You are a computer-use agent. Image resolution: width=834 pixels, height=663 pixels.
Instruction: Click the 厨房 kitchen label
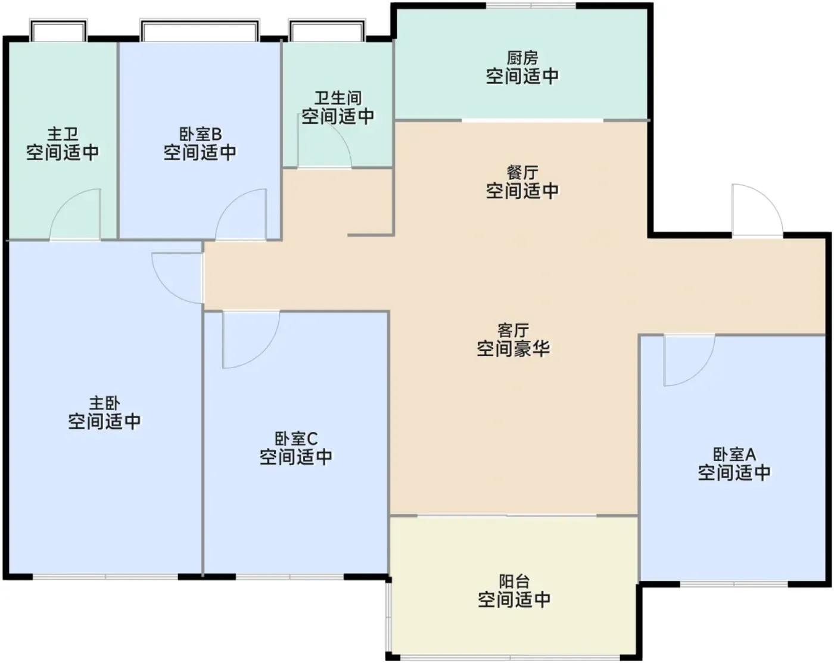click(x=522, y=58)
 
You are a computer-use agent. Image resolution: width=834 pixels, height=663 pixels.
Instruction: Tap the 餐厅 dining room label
click(x=522, y=173)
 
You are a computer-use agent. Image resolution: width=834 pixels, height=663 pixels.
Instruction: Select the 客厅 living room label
click(x=513, y=331)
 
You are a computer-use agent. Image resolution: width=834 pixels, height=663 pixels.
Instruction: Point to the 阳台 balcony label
click(x=514, y=581)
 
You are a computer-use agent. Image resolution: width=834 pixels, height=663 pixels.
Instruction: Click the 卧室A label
click(x=735, y=455)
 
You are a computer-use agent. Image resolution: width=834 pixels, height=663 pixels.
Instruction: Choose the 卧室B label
click(x=200, y=135)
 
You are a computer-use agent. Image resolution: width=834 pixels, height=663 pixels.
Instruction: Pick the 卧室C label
click(x=295, y=439)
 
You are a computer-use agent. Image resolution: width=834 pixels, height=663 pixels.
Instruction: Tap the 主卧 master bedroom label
click(x=104, y=403)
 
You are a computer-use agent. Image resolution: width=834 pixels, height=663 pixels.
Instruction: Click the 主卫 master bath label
click(x=63, y=135)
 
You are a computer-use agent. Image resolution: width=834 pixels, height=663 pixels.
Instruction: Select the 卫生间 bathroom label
click(x=338, y=98)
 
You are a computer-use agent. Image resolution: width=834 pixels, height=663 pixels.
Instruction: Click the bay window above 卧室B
click(x=200, y=30)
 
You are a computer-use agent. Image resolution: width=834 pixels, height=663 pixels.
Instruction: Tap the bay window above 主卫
click(x=58, y=30)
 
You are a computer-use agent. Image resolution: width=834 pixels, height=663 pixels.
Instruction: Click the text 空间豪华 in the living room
click(x=513, y=348)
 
